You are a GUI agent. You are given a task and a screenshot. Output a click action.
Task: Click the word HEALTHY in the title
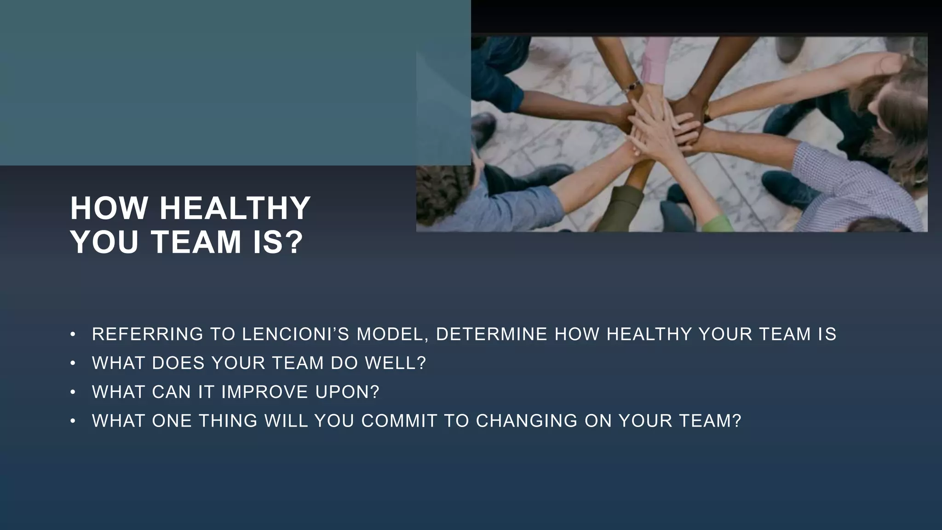[x=235, y=208]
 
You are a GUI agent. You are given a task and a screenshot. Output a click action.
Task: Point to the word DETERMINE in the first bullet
[x=491, y=334]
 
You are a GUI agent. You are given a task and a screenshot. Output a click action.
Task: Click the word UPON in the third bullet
[x=342, y=392]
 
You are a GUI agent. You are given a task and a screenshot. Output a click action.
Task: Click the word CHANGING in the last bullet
[x=526, y=421]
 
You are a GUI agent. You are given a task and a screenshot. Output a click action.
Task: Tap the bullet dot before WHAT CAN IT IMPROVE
[x=72, y=392]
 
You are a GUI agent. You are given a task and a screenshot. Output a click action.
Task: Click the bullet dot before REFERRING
[x=72, y=334]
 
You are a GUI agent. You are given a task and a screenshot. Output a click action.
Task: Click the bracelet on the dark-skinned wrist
[x=634, y=86]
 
